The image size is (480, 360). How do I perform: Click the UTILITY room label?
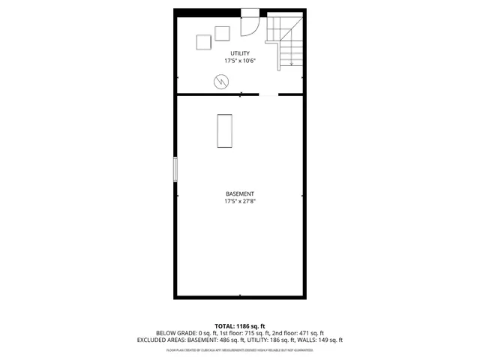[240, 52]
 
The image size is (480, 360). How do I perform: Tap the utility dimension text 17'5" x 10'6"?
[240, 60]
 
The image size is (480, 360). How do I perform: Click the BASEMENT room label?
[240, 194]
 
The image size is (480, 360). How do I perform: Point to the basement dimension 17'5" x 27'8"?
[240, 202]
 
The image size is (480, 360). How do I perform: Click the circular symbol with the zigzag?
[221, 81]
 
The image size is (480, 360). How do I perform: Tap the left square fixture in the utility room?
[203, 43]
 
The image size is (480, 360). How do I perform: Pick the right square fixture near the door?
[222, 33]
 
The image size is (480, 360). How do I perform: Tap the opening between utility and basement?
[268, 94]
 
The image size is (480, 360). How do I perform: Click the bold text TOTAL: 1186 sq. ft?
[240, 326]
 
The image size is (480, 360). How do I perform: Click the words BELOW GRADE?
[175, 333]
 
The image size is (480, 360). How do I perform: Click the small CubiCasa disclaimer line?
[240, 350]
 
